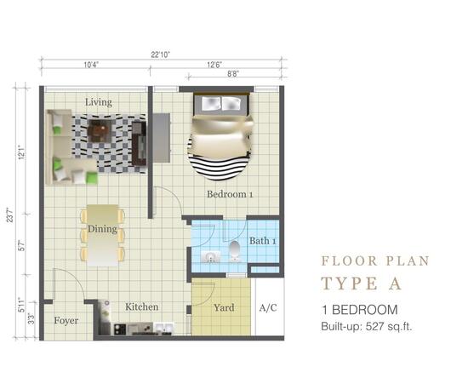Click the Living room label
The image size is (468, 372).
click(x=98, y=102)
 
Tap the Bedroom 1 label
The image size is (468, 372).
click(x=231, y=194)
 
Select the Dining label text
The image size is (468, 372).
click(x=102, y=230)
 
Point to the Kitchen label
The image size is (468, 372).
click(x=142, y=306)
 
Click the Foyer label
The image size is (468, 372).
click(x=66, y=322)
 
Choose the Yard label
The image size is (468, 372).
click(x=224, y=308)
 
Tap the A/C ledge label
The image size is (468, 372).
click(x=267, y=307)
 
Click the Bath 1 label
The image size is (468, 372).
click(x=262, y=241)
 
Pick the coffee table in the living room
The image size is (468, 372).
click(x=100, y=131)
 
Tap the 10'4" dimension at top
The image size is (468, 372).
click(x=94, y=65)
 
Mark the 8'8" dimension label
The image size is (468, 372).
click(x=231, y=75)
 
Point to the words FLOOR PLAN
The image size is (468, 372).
click(x=374, y=261)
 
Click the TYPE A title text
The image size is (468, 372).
click(x=361, y=283)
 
